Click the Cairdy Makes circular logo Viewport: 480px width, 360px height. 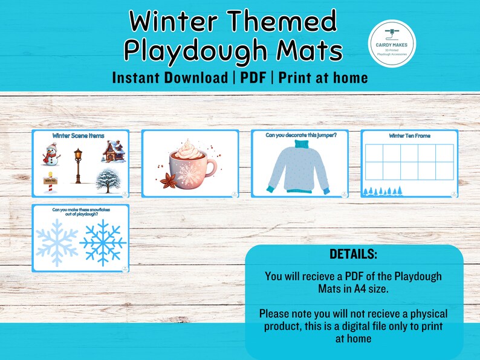pyautogui.click(x=391, y=43)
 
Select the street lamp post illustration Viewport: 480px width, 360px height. pyautogui.click(x=77, y=166)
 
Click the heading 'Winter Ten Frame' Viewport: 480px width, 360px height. pyautogui.click(x=410, y=136)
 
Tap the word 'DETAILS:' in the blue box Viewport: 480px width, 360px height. pyautogui.click(x=354, y=254)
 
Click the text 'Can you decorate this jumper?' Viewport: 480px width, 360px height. pyautogui.click(x=300, y=135)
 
